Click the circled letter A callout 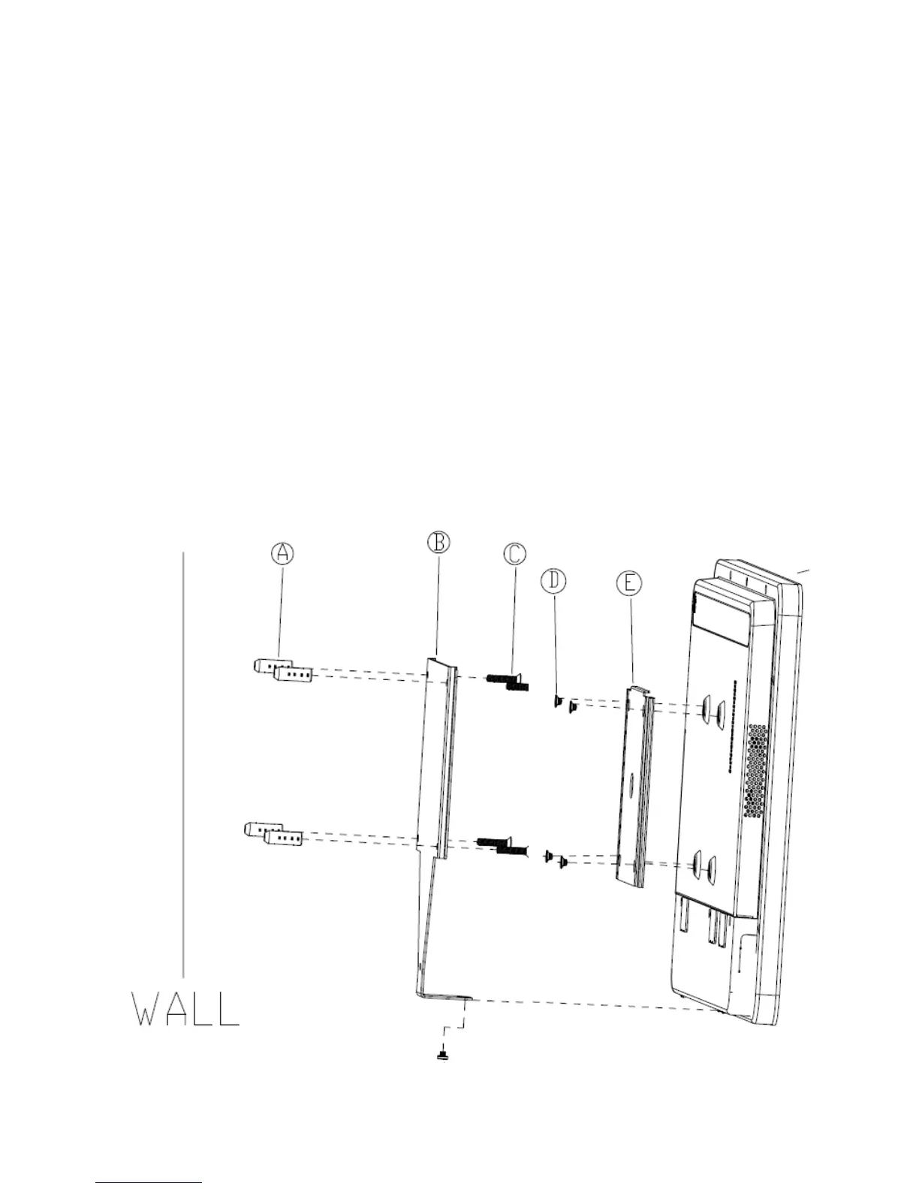[282, 553]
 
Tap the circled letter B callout [438, 542]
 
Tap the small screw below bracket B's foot [443, 1056]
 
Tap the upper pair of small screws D [565, 703]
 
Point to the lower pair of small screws [556, 858]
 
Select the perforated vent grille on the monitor [756, 770]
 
